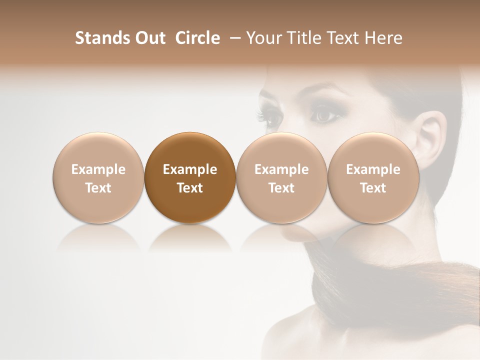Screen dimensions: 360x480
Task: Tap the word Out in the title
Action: [x=148, y=38]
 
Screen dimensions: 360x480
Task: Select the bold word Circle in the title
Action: [x=197, y=38]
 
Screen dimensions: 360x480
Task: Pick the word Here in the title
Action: [x=383, y=38]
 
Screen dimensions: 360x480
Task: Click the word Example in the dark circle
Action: [x=190, y=169]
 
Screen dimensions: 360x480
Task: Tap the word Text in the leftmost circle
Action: [x=98, y=188]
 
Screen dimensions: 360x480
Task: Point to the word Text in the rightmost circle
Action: [x=373, y=188]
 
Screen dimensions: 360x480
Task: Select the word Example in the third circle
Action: [x=281, y=169]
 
